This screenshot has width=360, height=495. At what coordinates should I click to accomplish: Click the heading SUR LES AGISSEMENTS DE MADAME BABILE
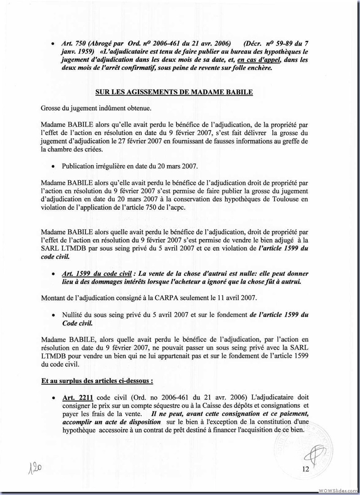(174, 92)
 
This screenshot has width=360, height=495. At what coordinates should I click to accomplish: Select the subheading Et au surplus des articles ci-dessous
(97, 380)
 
